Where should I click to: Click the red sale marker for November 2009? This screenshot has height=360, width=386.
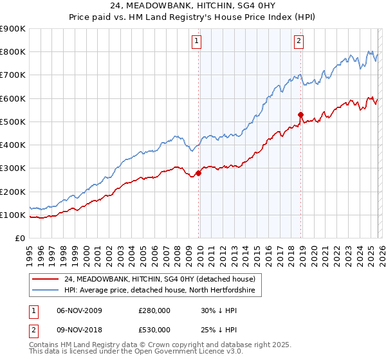point(198,173)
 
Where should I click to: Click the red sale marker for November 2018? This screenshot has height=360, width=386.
point(300,115)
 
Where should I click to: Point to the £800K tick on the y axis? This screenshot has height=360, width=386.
point(13,52)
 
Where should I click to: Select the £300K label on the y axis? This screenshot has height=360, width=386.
point(13,168)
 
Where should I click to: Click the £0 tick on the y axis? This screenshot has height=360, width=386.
point(19,238)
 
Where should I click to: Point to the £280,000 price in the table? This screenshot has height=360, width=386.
point(154,310)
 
